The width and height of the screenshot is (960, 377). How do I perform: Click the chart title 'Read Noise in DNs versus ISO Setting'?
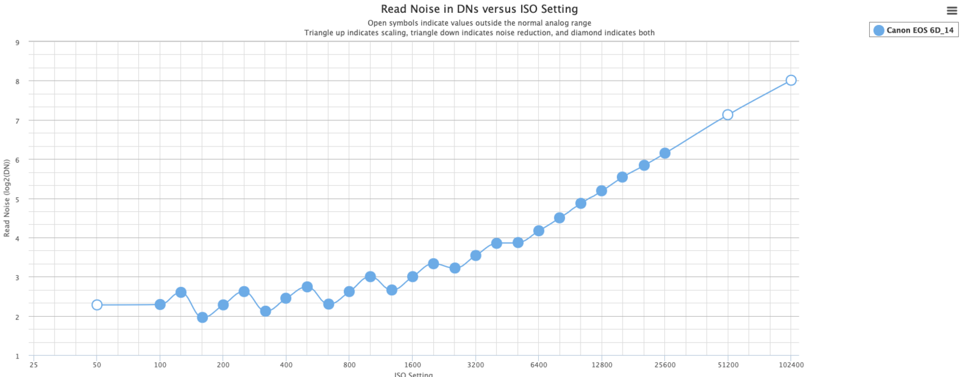pos(479,9)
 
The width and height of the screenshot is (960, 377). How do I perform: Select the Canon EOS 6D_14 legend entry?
pos(913,30)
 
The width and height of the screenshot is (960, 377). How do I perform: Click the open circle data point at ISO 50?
pos(97,305)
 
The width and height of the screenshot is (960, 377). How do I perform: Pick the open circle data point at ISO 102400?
pos(791,80)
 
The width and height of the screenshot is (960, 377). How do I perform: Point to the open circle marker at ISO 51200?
pos(728,115)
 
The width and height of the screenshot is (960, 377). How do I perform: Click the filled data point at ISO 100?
pos(160,304)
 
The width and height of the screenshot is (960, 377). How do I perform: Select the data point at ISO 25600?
pos(665,153)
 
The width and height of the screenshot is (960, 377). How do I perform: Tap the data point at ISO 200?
pos(223,305)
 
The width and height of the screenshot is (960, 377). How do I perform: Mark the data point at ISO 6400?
pos(539,230)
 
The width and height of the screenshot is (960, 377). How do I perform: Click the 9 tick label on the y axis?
pos(17,42)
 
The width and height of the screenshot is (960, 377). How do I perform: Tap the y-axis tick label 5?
pos(17,199)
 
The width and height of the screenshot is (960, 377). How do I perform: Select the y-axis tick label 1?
pos(17,356)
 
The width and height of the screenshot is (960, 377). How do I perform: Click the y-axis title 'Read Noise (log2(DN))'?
pos(7,199)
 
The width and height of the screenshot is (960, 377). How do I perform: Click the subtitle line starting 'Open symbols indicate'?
pos(479,23)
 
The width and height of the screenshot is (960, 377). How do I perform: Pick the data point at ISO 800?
pos(349,291)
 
